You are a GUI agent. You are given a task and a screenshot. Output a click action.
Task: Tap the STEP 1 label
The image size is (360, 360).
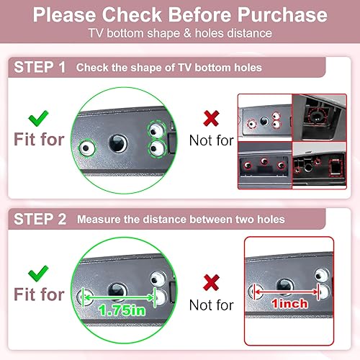coord(40,68)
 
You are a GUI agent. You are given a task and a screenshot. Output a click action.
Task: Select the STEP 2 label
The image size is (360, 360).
coord(40,218)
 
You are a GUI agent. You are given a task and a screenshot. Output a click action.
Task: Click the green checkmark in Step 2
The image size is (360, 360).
coord(37,272)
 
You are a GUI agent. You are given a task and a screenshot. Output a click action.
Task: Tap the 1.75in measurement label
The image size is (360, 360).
coord(122,310)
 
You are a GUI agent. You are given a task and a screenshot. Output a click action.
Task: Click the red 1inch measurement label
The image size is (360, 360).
coord(289,303)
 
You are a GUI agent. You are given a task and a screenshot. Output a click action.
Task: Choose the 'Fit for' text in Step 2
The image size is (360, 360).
coord(39,295)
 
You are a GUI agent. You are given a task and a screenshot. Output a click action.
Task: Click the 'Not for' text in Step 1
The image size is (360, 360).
coord(211,140)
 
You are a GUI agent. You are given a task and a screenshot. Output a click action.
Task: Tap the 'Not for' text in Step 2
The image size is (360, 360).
coord(211,305)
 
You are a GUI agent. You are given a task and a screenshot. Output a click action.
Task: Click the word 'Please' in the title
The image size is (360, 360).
coord(67,14)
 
